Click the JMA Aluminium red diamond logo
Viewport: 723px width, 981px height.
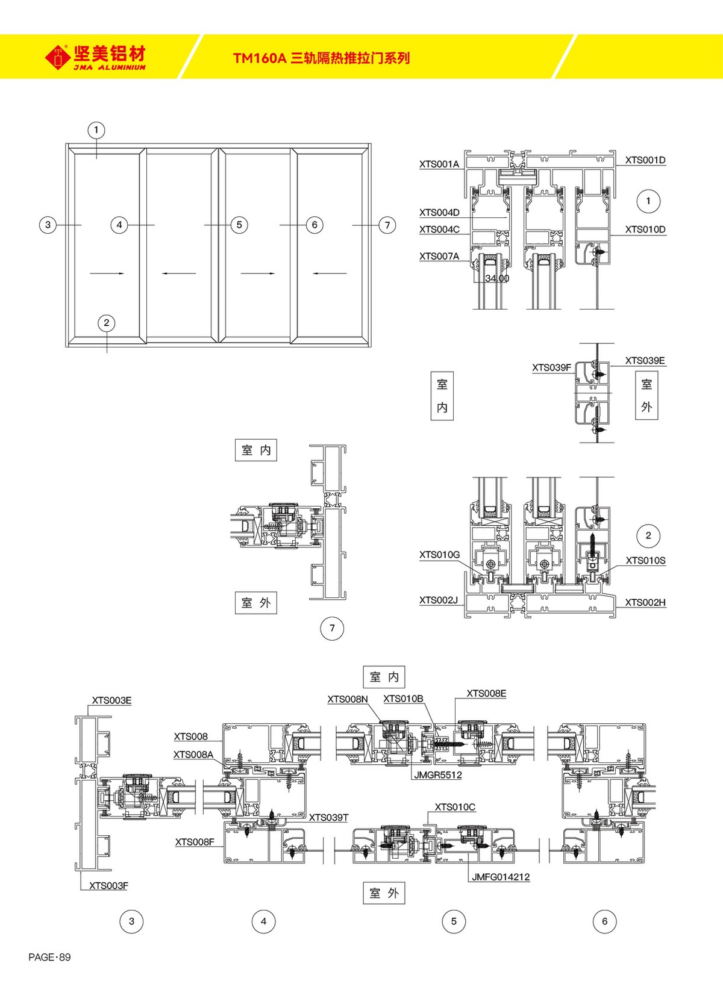(57, 57)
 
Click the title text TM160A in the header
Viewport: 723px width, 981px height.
(259, 58)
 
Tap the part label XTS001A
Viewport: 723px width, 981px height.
(439, 164)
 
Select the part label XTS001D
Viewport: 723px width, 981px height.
(645, 160)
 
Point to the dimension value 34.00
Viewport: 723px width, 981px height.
(497, 278)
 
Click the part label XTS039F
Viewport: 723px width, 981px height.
(551, 367)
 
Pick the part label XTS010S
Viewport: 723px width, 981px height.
(645, 560)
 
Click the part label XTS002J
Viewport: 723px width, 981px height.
(439, 600)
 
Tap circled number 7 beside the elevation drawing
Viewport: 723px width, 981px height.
(387, 225)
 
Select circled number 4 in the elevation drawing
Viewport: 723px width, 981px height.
(119, 225)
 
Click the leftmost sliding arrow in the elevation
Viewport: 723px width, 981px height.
(107, 273)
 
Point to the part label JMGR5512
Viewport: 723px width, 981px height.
(437, 775)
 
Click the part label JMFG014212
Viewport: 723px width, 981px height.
(500, 877)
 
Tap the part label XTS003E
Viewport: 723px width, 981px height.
(111, 700)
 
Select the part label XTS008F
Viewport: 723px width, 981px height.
(195, 842)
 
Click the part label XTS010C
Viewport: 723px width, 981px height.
(455, 807)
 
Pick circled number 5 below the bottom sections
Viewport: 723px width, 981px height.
(454, 921)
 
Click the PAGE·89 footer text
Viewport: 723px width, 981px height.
(49, 957)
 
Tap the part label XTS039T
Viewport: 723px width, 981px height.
(328, 817)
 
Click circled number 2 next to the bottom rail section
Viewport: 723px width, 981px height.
(648, 535)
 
